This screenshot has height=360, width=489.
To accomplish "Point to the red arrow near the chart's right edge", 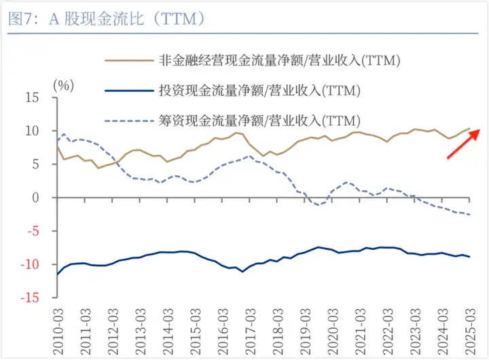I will click(x=463, y=143).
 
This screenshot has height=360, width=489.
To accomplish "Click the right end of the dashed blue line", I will click(x=469, y=215).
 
